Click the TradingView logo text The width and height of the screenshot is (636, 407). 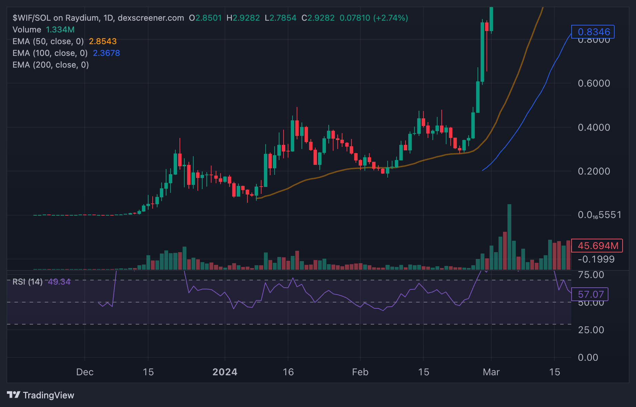pos(48,395)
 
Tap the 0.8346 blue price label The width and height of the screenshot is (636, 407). pos(593,32)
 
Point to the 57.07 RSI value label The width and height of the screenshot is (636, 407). pos(590,294)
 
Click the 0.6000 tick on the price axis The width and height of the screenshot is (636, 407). pos(594,83)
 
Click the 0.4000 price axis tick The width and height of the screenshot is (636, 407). pos(594,127)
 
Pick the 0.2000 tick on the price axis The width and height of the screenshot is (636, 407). pos(594,171)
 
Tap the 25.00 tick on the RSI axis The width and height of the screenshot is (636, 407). pos(591,330)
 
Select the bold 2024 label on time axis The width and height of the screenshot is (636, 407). pos(225,372)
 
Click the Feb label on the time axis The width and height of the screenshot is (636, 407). pos(360,372)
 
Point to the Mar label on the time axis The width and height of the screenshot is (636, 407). pos(491,372)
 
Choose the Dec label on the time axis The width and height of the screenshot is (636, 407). pos(85,372)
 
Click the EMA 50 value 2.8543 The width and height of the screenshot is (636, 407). pos(103,41)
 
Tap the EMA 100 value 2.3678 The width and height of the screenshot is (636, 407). pos(106,53)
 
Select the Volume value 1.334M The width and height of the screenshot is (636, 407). pos(60,30)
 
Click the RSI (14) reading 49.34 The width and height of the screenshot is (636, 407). pos(59,282)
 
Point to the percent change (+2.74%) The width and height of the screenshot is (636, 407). pos(391,18)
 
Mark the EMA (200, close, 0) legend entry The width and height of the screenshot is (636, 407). pos(51,65)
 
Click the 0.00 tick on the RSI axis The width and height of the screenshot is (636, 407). pos(588,357)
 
